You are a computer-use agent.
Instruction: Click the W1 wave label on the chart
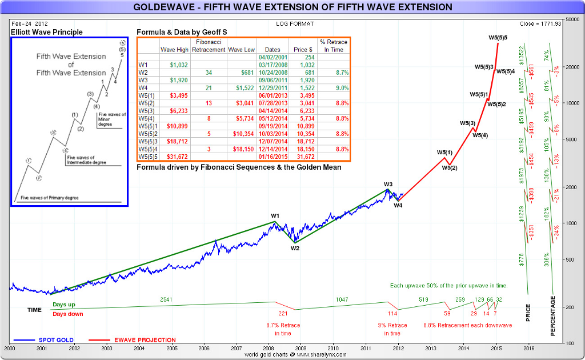tap(275, 215)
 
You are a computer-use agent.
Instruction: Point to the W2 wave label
tap(295, 248)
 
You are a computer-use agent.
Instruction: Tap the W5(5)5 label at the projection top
tap(498, 38)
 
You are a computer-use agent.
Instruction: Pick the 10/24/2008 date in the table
tap(270, 73)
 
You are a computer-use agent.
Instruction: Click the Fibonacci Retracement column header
tap(209, 46)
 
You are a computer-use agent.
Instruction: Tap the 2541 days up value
tap(166, 299)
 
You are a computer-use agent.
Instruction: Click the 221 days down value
tap(283, 314)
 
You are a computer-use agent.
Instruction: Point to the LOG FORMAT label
tap(294, 23)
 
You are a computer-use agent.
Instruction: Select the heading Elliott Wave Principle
tap(47, 32)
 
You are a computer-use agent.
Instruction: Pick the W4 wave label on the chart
tap(398, 205)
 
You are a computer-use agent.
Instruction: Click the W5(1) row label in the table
tap(147, 95)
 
